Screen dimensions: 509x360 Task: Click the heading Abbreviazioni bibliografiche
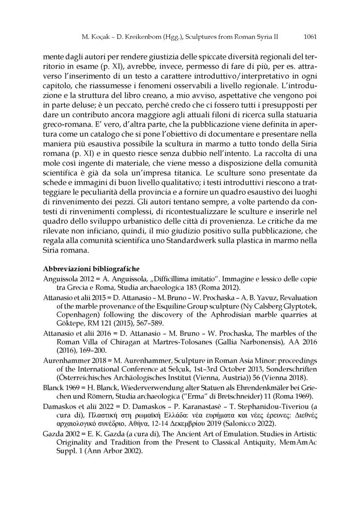(85, 269)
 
